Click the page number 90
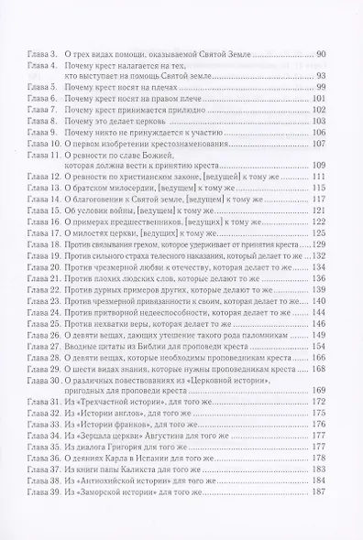tap(333, 56)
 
